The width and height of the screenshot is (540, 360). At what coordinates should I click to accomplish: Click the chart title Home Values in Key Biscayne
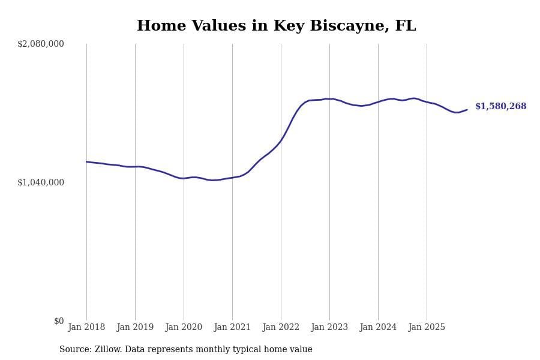click(276, 26)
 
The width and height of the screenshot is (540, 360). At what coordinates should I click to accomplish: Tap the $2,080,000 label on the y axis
click(41, 44)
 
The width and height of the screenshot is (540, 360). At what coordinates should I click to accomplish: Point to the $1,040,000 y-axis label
click(41, 182)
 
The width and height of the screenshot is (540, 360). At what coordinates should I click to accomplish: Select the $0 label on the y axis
click(59, 321)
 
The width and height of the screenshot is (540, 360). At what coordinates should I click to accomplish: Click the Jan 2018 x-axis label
click(86, 328)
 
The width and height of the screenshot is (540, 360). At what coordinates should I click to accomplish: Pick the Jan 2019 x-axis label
click(135, 328)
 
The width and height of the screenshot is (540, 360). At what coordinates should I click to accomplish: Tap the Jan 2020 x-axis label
click(184, 328)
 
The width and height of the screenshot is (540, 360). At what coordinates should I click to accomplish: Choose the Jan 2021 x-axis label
click(232, 328)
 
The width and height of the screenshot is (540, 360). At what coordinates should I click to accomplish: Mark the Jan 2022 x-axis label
click(281, 328)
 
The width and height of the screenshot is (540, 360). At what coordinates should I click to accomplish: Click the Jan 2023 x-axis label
click(329, 328)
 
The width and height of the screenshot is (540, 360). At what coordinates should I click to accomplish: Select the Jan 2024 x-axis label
click(378, 328)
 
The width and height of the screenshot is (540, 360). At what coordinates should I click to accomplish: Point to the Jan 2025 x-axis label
click(427, 328)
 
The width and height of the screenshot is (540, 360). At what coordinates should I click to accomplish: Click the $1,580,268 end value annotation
click(500, 107)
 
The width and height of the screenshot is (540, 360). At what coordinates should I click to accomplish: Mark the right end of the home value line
click(467, 110)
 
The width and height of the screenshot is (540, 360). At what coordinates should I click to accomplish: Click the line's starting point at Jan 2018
click(86, 161)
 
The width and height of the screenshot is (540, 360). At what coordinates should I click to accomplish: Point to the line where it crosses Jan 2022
click(281, 141)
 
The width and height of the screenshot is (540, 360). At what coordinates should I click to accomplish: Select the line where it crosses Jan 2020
click(184, 178)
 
